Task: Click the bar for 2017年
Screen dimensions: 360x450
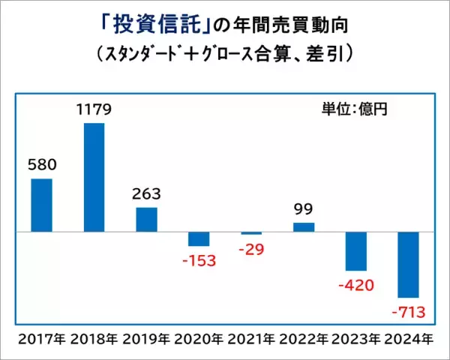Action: pos(41,205)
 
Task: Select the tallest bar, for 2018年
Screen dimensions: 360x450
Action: pos(94,178)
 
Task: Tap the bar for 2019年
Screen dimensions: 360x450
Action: pos(146,220)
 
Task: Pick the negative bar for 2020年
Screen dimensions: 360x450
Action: pos(199,239)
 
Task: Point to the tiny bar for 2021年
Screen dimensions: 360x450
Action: pos(251,234)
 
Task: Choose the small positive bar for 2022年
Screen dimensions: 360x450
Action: pos(304,227)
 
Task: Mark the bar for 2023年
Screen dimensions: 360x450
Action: pos(356,251)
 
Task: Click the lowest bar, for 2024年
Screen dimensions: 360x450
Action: pos(409,265)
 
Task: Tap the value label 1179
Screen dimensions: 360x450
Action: pos(94,110)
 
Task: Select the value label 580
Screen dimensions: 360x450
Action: pos(42,165)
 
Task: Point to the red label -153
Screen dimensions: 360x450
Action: pos(199,261)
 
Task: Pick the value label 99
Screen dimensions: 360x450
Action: pos(304,208)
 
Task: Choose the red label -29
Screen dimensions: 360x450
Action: pos(252,249)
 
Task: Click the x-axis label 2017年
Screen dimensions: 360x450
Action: pos(40,338)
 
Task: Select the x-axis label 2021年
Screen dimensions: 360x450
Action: pos(250,338)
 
